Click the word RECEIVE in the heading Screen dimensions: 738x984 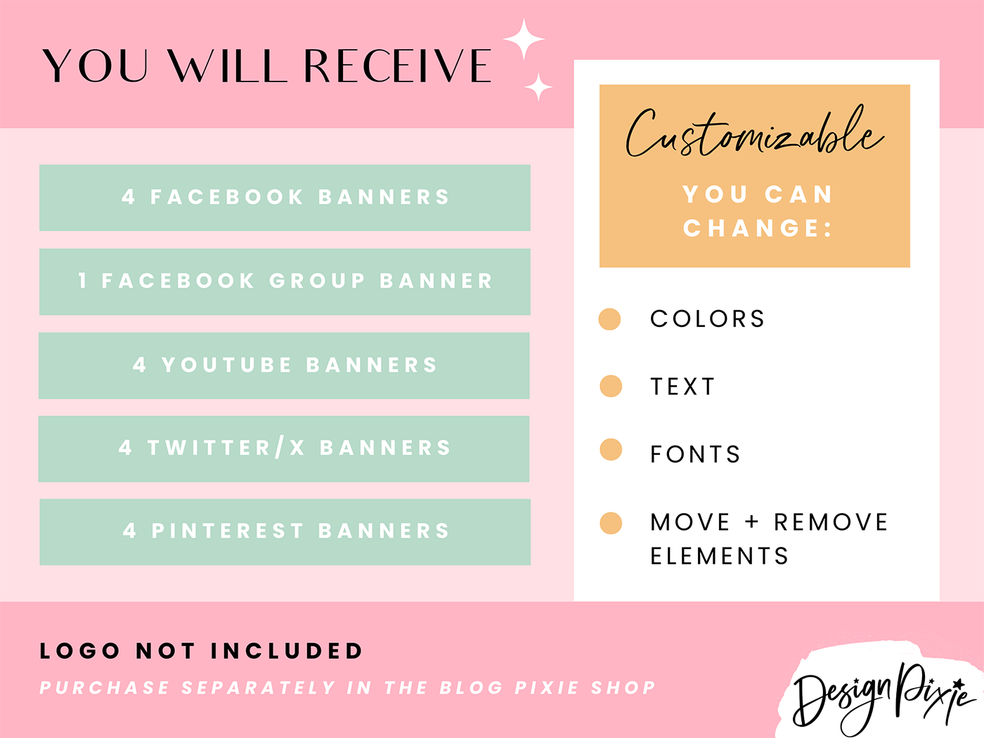397,66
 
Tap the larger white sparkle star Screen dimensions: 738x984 524,39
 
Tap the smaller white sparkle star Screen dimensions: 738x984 538,87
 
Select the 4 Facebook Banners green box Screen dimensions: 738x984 285,198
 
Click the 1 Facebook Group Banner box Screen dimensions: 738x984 285,281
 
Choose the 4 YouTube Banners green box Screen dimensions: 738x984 284,365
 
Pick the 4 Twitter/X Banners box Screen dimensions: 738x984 284,448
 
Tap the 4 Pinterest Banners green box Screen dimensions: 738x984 285,531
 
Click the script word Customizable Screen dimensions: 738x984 753,134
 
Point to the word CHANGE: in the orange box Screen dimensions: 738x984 757,228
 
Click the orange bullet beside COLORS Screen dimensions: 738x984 609,318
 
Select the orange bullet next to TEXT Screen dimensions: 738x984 610,386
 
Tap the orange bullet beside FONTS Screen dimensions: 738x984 610,449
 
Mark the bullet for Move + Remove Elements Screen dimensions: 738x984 610,523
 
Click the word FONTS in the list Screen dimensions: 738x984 695,455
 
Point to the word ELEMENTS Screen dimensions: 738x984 719,557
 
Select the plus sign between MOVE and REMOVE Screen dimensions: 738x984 752,522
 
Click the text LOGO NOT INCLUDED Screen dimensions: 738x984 201,651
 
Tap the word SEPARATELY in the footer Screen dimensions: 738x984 259,687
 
